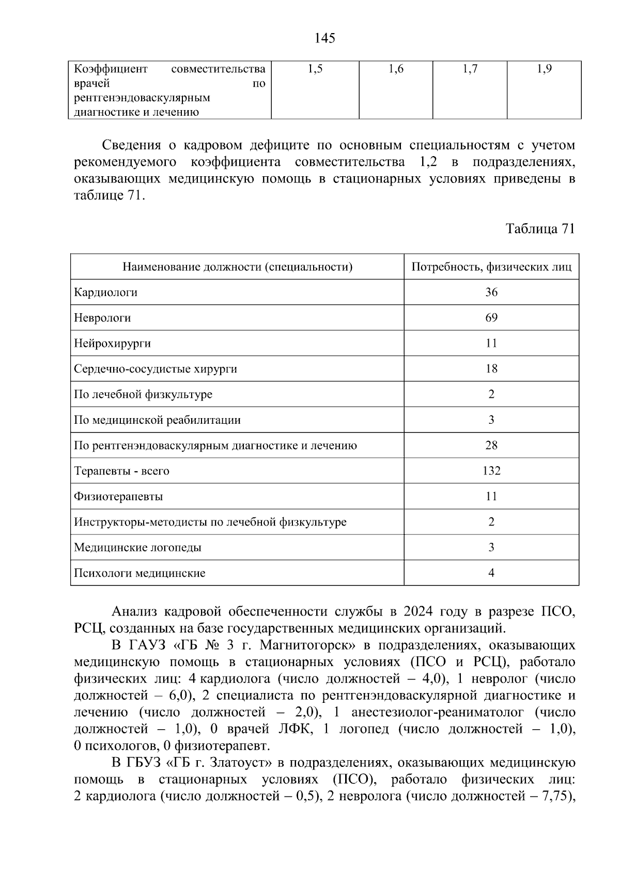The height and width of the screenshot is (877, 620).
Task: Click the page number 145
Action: pos(324,38)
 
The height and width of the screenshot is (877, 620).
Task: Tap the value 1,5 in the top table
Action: pos(315,69)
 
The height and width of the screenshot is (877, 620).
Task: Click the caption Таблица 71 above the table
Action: pos(540,229)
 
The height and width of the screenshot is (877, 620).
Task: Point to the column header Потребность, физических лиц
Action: pos(491,267)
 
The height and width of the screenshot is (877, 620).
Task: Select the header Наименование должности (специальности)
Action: pos(237,267)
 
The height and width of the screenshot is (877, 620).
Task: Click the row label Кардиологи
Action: pos(105,293)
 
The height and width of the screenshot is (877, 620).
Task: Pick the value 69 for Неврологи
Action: pos(491,318)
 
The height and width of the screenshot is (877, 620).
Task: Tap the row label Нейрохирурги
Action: pos(112,344)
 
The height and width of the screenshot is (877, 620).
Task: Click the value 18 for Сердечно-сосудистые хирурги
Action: pos(491,369)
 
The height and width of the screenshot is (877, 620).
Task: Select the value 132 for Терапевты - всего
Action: pos(491,471)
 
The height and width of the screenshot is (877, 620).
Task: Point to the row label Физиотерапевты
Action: pos(118,497)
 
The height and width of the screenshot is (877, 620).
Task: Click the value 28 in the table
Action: pos(491,445)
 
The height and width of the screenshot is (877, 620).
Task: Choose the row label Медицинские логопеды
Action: pos(137,547)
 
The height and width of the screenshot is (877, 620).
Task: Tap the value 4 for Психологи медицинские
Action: pos(491,573)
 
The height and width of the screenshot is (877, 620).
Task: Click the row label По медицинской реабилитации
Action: pos(157,420)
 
